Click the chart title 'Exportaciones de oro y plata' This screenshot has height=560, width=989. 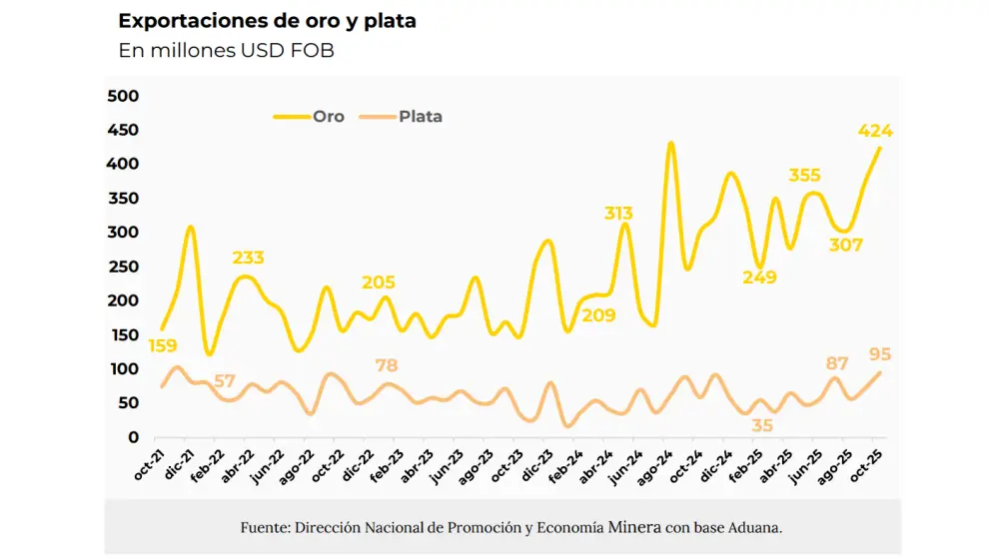pyautogui.click(x=267, y=21)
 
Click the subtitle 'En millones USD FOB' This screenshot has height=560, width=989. pyautogui.click(x=226, y=51)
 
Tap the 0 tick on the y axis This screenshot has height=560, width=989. pyautogui.click(x=133, y=437)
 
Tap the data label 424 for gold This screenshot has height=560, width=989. pyautogui.click(x=875, y=131)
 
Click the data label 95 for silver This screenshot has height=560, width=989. pyautogui.click(x=880, y=354)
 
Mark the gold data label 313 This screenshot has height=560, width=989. pyautogui.click(x=618, y=213)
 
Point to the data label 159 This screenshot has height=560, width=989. pyautogui.click(x=164, y=346)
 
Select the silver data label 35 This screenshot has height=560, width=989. pyautogui.click(x=762, y=425)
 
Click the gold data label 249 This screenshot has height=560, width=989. pyautogui.click(x=759, y=278)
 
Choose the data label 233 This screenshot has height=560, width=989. pyautogui.click(x=248, y=258)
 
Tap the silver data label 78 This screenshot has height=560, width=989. pyautogui.click(x=387, y=365)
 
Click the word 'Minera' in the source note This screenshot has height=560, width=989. pyautogui.click(x=634, y=526)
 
